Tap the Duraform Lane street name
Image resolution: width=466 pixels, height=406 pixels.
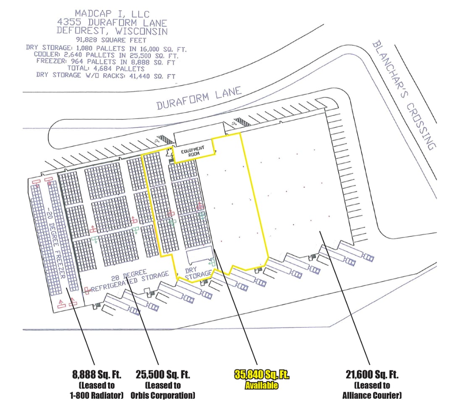point(199,98)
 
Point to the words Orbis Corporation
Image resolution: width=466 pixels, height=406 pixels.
point(165,395)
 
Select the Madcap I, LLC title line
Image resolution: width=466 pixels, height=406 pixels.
point(111,13)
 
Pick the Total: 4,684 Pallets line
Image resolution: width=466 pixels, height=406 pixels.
point(108,69)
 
